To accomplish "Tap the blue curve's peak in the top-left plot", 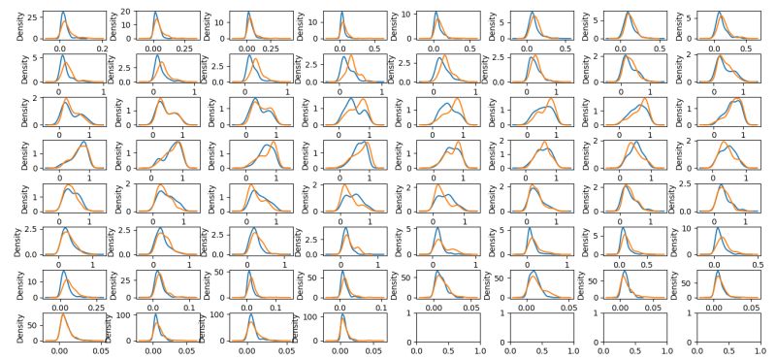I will click(62, 13).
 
